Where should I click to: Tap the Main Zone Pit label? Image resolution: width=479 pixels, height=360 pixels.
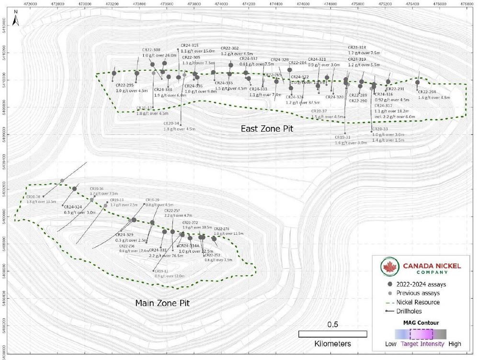pyautogui.click(x=162, y=303)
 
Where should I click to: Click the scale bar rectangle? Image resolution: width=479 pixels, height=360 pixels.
pyautogui.click(x=332, y=334)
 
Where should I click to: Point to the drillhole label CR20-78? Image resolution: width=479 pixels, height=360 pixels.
pyautogui.click(x=34, y=197)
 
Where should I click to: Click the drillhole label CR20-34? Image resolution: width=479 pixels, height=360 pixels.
pyautogui.click(x=171, y=123)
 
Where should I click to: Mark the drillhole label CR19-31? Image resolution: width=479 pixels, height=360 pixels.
pyautogui.click(x=342, y=137)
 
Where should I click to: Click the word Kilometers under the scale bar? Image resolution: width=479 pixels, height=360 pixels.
pyautogui.click(x=332, y=344)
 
